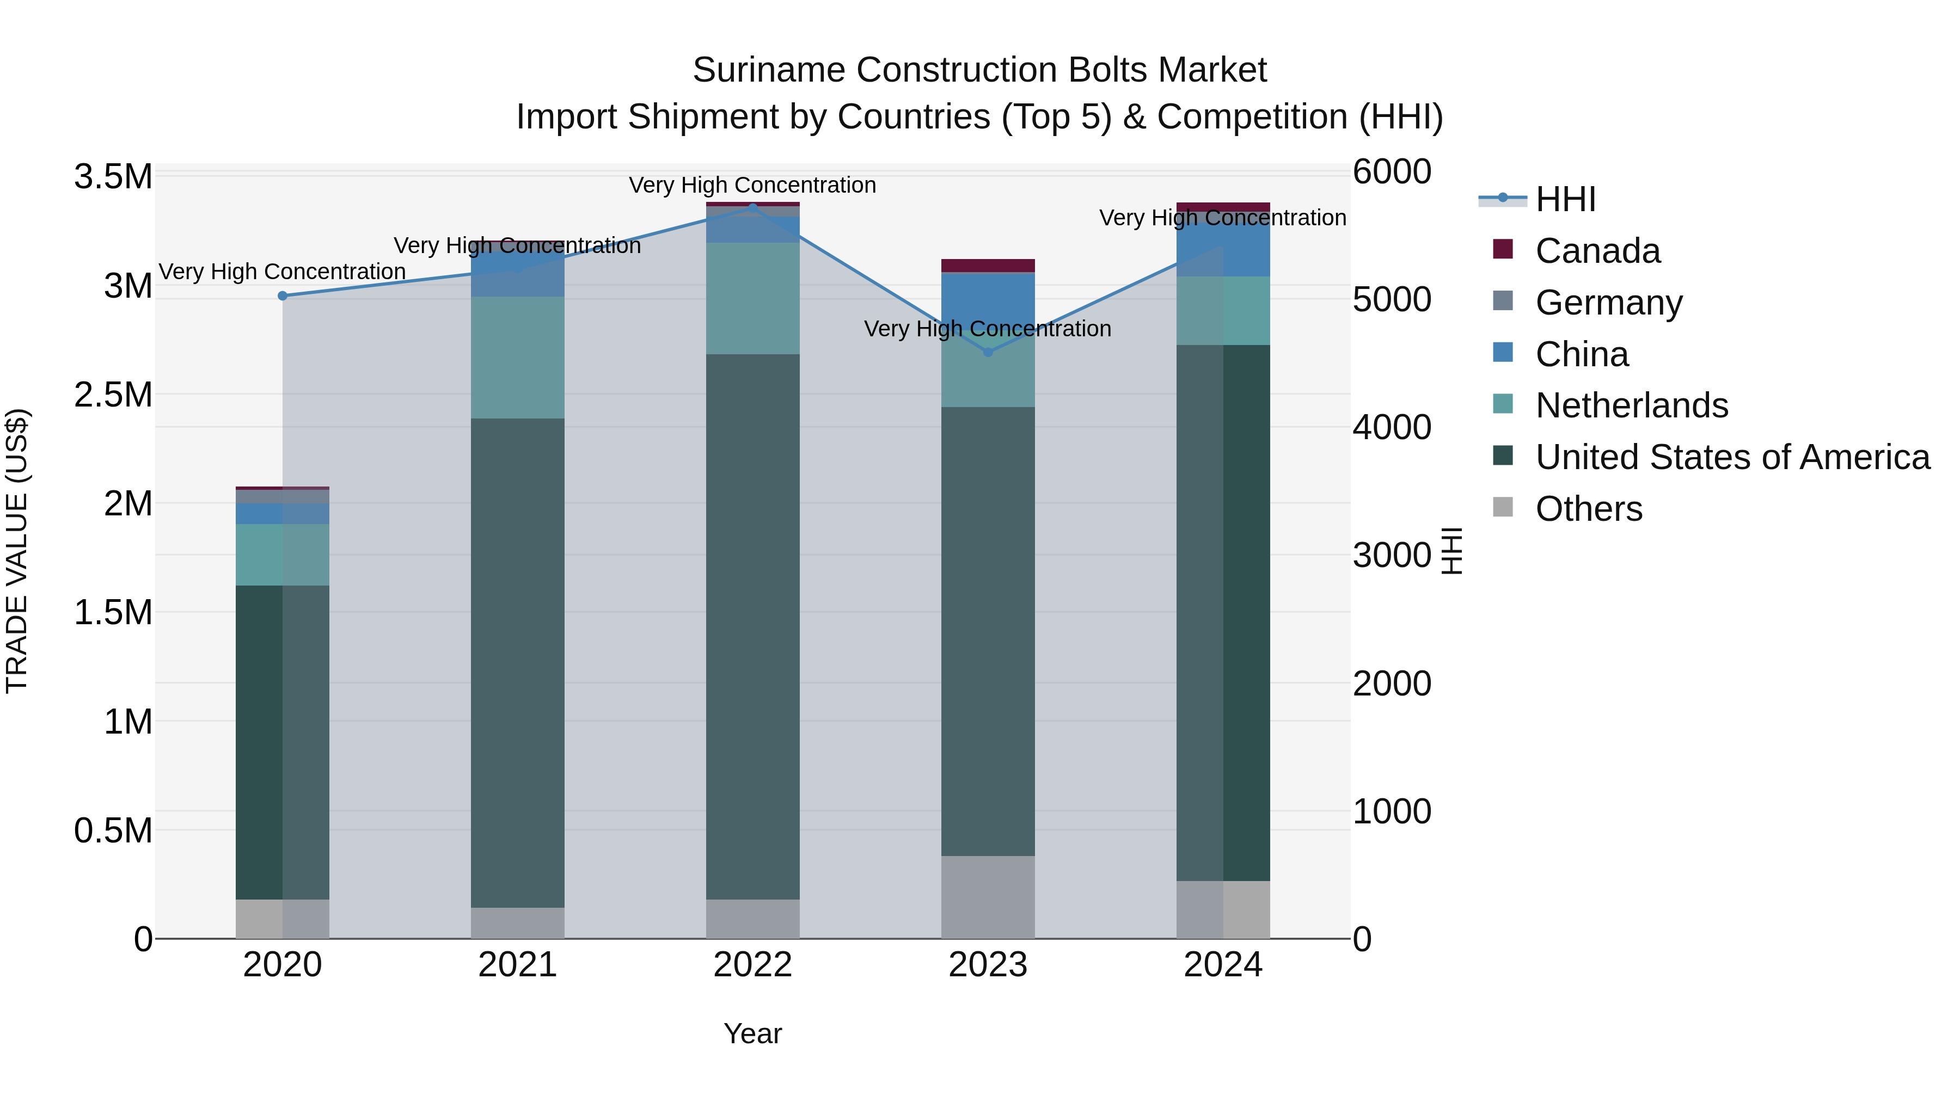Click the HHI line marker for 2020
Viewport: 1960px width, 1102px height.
(282, 296)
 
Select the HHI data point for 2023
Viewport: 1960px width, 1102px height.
(988, 352)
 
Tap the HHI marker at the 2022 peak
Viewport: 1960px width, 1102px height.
(752, 207)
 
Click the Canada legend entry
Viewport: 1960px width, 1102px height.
(1597, 251)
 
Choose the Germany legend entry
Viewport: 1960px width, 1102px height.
(1608, 303)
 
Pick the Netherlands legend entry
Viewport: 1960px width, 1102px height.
(1631, 405)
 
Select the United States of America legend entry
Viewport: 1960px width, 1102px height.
(1732, 457)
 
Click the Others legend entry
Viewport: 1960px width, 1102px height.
(1588, 509)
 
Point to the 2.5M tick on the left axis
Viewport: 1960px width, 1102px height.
(113, 395)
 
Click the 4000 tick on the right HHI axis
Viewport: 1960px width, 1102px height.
(1392, 427)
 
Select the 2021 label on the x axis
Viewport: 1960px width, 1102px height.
(517, 965)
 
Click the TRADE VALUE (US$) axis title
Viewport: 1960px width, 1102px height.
(17, 551)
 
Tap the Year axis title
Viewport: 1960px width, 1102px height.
(752, 1033)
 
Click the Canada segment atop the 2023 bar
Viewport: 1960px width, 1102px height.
(988, 266)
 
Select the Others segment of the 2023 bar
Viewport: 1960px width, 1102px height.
(988, 897)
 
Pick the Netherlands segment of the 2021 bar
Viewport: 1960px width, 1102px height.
(517, 358)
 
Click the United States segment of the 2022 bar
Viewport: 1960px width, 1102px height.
(752, 627)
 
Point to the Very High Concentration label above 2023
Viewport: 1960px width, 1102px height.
(988, 329)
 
